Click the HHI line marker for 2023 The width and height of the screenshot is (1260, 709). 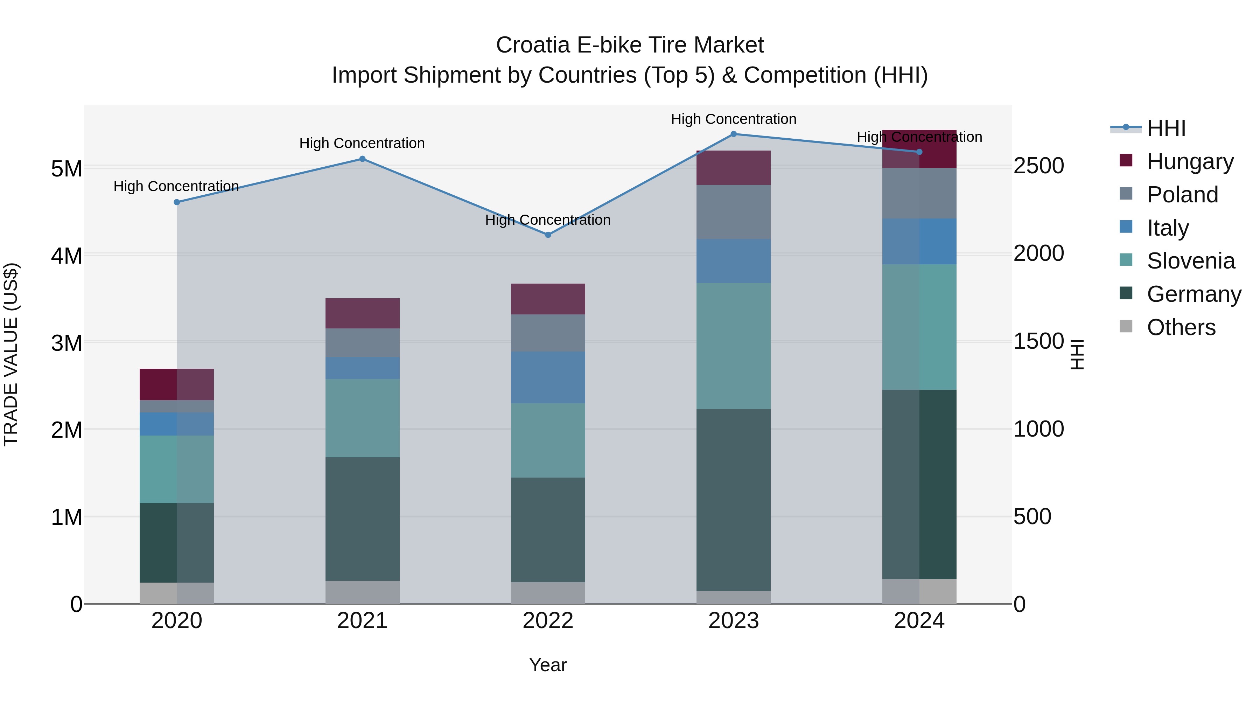pos(733,134)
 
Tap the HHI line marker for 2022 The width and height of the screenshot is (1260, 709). pos(548,235)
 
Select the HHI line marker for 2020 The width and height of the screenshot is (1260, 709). pos(177,202)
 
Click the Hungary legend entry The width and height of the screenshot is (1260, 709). pos(1190,161)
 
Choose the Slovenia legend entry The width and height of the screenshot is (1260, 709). pos(1191,261)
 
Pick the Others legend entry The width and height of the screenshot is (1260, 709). pos(1181,327)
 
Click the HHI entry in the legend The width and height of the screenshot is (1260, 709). pos(1166,128)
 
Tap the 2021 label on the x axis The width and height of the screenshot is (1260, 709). pos(363,621)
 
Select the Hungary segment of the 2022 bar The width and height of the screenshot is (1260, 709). pos(548,299)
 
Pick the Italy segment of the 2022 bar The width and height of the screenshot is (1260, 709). pos(548,377)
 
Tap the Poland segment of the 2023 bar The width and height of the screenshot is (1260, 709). pos(733,212)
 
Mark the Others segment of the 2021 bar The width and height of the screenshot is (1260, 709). pos(363,592)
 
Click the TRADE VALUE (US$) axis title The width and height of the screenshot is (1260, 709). pos(11,354)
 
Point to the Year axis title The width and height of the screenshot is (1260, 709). pos(548,665)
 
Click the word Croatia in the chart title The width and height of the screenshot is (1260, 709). pos(533,45)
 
